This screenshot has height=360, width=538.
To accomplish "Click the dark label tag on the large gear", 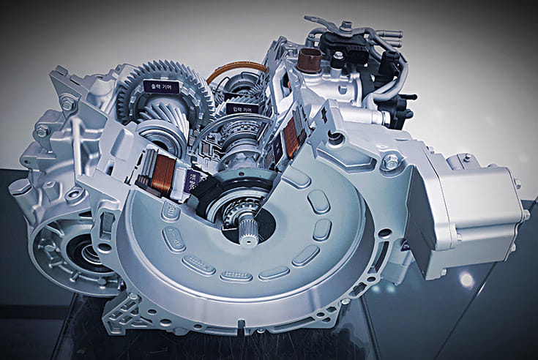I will (x=161, y=86).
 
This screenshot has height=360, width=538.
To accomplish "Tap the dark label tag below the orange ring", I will (x=242, y=108).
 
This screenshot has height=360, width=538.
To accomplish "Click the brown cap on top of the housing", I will (x=310, y=59).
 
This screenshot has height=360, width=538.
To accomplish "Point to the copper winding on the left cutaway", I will (x=162, y=175).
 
